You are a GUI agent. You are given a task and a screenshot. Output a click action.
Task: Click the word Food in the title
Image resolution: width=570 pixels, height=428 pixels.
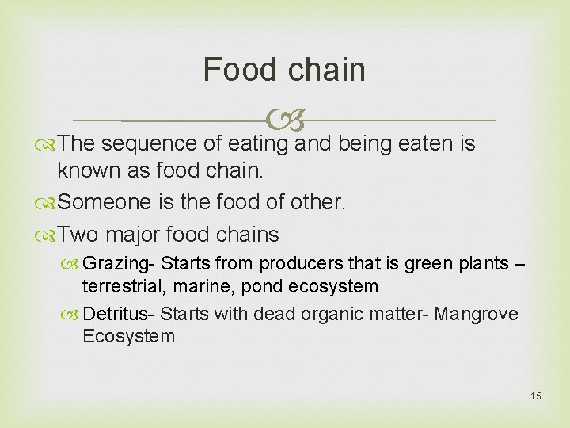coord(237,70)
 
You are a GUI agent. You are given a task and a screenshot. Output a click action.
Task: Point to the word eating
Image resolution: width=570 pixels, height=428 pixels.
coord(259,144)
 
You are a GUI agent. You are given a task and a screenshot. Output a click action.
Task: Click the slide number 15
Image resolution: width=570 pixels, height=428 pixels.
coord(536,396)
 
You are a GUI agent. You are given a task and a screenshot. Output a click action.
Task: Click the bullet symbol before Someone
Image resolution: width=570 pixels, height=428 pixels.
coord(49,203)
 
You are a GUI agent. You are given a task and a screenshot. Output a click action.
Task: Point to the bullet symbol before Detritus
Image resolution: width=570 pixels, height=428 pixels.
coord(73,315)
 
